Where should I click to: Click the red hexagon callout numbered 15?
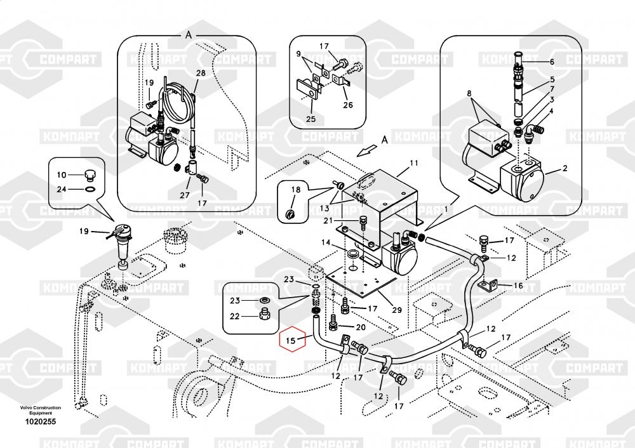pyautogui.click(x=291, y=340)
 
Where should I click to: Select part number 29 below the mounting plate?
pyautogui.click(x=397, y=309)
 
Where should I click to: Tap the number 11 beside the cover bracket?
pyautogui.click(x=413, y=164)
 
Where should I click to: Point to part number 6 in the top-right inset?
pyautogui.click(x=552, y=62)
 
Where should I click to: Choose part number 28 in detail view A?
pyautogui.click(x=201, y=74)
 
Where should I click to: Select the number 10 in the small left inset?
pyautogui.click(x=62, y=175)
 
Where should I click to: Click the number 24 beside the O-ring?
pyautogui.click(x=62, y=188)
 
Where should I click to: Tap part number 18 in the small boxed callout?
pyautogui.click(x=296, y=190)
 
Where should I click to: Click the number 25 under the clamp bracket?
pyautogui.click(x=310, y=119)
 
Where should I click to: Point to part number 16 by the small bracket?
pyautogui.click(x=518, y=286)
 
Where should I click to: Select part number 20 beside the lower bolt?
pyautogui.click(x=360, y=327)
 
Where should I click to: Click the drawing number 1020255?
pyautogui.click(x=40, y=421)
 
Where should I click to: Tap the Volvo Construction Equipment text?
pyautogui.click(x=40, y=410)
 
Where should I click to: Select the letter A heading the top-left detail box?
pyautogui.click(x=188, y=34)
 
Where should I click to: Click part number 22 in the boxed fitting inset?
pyautogui.click(x=234, y=317)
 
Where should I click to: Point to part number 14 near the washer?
pyautogui.click(x=325, y=242)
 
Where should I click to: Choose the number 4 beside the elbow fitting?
pyautogui.click(x=552, y=111)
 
